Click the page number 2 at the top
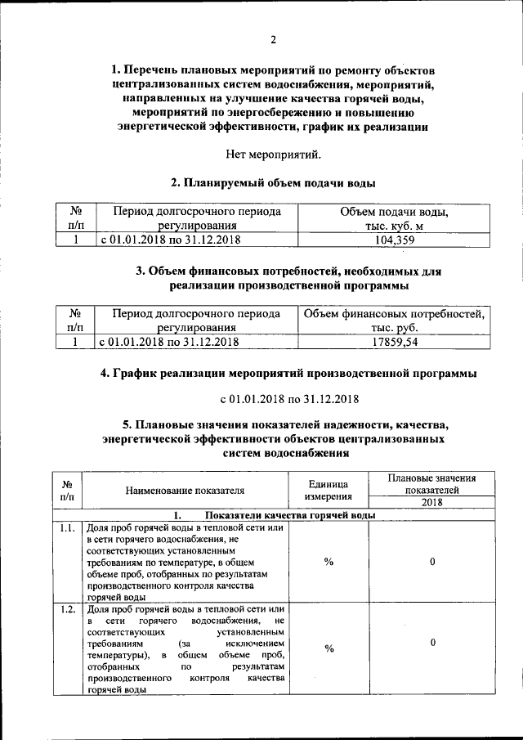274,38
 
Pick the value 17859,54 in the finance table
396,343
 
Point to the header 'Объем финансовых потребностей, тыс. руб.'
396,321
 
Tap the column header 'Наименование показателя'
186,491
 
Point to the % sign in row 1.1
329,563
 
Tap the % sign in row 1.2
329,648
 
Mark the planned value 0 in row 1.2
431,644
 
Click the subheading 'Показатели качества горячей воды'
290,515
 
